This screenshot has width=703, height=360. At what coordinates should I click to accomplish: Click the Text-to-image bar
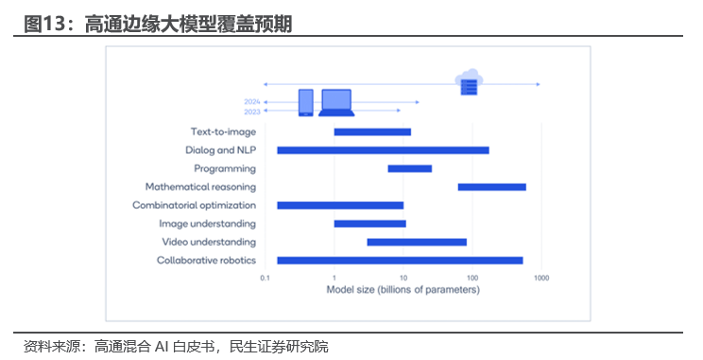tap(372, 131)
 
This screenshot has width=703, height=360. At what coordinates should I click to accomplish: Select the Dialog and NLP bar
tap(383, 150)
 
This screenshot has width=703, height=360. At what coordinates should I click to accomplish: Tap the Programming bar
tap(409, 168)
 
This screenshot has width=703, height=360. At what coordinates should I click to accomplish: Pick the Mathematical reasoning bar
tap(491, 187)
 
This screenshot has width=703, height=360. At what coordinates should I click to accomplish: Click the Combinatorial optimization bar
tap(340, 205)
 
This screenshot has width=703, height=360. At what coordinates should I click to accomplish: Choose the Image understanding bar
tap(369, 224)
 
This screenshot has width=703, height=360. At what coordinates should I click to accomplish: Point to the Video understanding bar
tap(417, 242)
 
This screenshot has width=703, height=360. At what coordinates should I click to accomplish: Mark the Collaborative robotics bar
tap(400, 260)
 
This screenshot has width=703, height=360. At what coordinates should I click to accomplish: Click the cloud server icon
tap(469, 82)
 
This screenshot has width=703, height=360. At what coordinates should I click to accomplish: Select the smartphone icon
tap(305, 102)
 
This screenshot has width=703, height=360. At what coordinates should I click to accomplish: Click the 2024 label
tap(252, 101)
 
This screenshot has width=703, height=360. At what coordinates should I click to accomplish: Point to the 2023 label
tap(252, 111)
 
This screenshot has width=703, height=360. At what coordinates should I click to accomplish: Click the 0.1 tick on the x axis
tap(265, 278)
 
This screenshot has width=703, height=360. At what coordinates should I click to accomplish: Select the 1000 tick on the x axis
tap(540, 278)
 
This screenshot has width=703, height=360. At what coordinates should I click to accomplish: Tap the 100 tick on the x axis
tap(472, 278)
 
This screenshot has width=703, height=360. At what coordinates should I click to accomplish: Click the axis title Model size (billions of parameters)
tap(403, 289)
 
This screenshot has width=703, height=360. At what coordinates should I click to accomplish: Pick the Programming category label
tap(225, 168)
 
